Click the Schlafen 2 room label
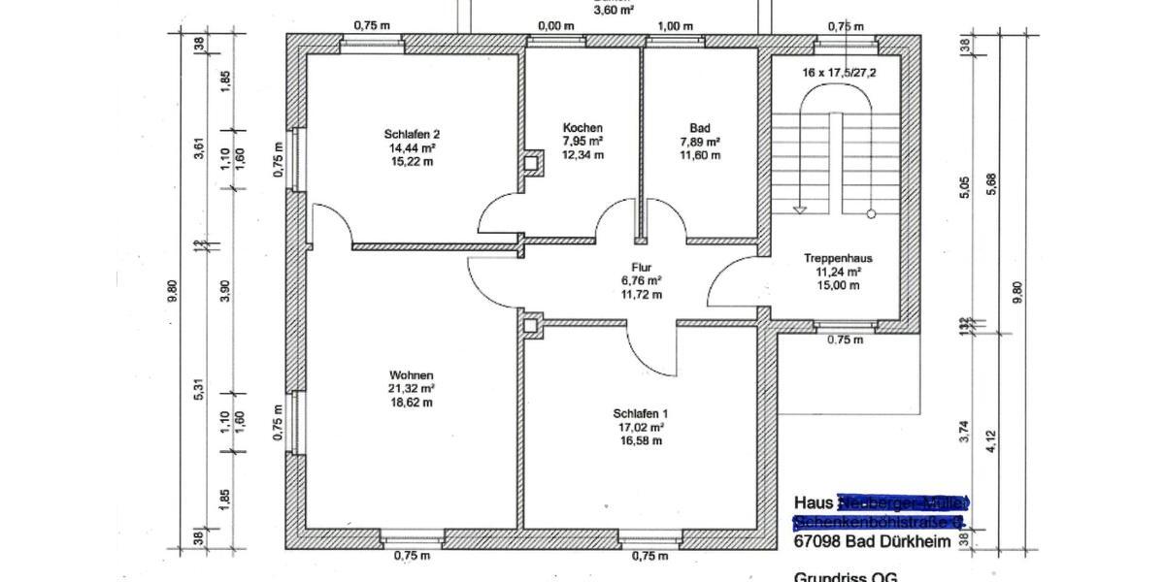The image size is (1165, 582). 412,134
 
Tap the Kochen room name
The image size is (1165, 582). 582,128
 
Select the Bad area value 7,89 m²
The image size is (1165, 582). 699,142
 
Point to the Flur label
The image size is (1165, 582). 641,268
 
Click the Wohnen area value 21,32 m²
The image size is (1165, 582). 412,389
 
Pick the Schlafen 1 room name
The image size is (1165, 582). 641,412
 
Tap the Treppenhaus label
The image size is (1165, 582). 838,259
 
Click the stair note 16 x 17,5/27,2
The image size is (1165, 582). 838,73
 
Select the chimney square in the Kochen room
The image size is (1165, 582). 532,164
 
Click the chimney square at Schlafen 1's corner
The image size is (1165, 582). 531,326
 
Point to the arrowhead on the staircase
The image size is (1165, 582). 800,208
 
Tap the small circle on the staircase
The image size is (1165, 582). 871,213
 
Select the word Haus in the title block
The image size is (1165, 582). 814,502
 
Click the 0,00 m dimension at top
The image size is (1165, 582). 555,26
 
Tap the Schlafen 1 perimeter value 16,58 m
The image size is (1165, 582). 641,440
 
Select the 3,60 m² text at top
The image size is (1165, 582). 614,10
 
